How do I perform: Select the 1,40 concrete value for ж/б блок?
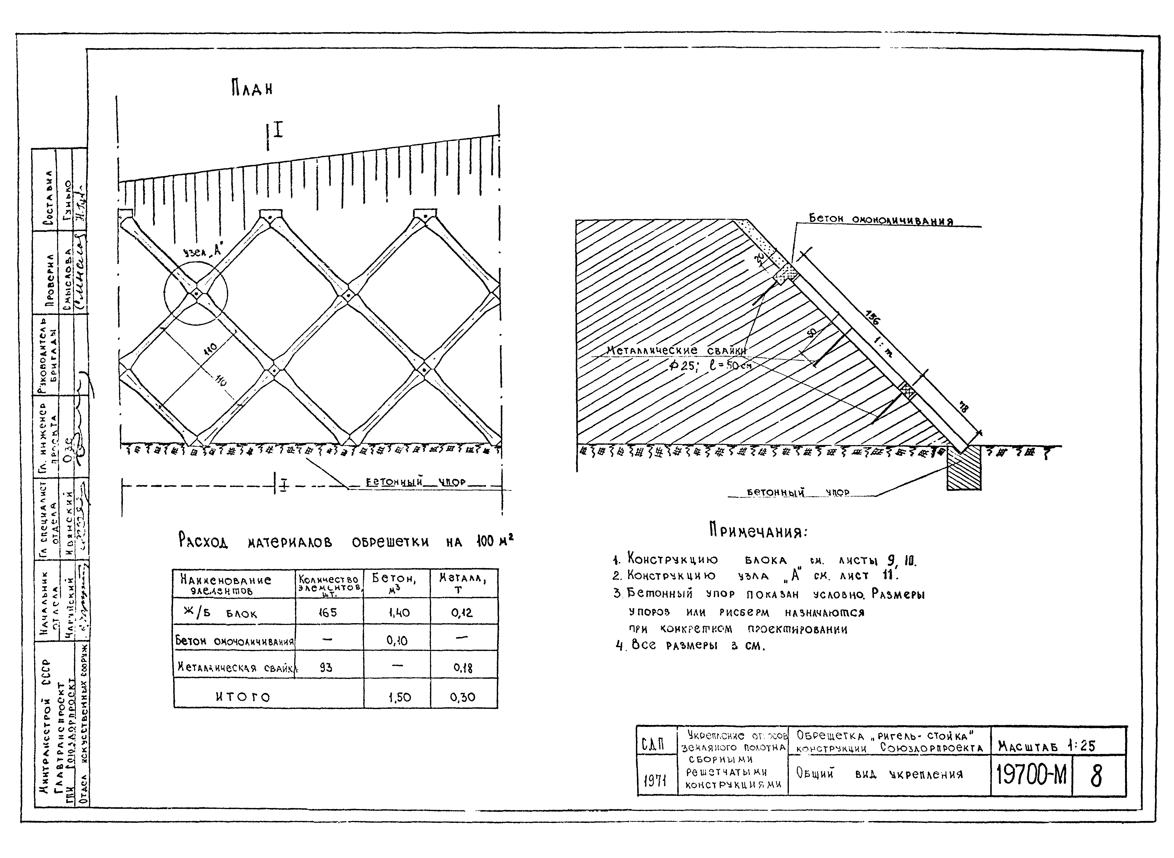click(398, 613)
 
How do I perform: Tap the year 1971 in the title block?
click(655, 780)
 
